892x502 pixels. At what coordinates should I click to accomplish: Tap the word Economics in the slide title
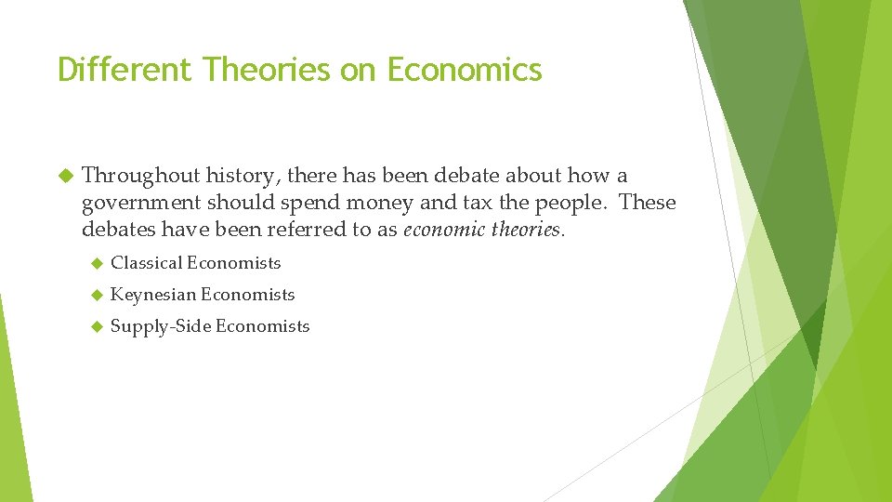click(465, 70)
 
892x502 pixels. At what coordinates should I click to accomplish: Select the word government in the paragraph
click(140, 203)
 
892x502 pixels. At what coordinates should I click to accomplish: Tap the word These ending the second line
click(648, 203)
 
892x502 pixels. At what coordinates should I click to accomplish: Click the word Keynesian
click(152, 295)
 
